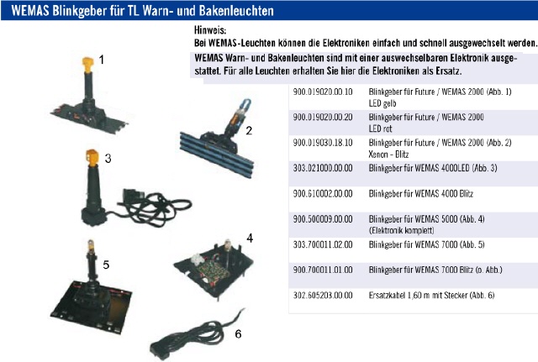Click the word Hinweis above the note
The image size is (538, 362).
tap(210, 30)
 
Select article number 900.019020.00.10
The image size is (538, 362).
tap(323, 92)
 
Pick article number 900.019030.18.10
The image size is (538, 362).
tap(323, 143)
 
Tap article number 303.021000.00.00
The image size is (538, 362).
tap(323, 168)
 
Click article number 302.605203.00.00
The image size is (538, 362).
tap(323, 295)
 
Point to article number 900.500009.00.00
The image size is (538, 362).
tap(323, 219)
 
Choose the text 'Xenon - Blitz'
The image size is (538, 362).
tap(388, 155)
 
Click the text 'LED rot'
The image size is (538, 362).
tap(380, 129)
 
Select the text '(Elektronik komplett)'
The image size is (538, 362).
tap(402, 230)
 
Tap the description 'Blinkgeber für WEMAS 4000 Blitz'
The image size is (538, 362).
tap(421, 194)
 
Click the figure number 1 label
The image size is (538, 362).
tap(101, 60)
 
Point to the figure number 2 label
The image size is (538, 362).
tap(249, 131)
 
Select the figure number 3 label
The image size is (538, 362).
tap(108, 159)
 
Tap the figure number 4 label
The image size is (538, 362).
tap(250, 238)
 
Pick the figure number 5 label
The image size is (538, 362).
tap(106, 265)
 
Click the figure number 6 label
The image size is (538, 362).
tap(238, 334)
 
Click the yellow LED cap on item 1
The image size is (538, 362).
tap(87, 65)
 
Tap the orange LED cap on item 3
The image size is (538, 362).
tap(92, 158)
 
